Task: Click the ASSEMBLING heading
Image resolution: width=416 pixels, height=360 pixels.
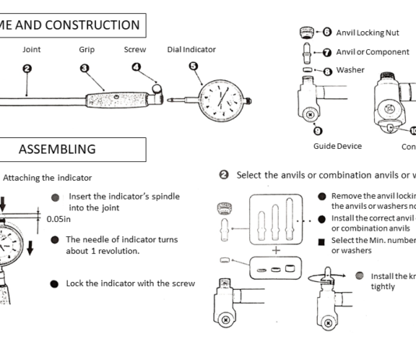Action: tap(58, 149)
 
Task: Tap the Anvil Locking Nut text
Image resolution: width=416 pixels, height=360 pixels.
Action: tap(366, 34)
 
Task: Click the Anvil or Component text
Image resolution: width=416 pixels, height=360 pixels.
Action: tap(372, 52)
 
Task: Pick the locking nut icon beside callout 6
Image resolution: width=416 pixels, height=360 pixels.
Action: tap(306, 34)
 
